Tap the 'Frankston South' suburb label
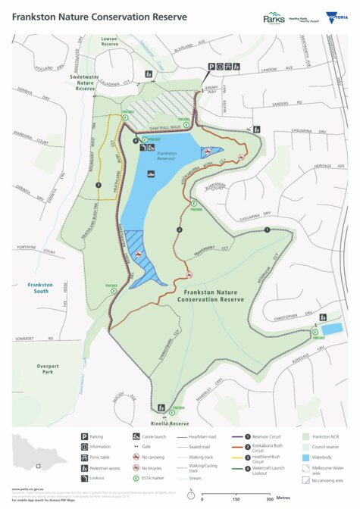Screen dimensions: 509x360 coord(38,288)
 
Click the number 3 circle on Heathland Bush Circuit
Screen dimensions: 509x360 coord(98,185)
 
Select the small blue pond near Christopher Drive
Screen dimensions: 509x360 coord(333,329)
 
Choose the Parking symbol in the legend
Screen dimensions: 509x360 coord(84,437)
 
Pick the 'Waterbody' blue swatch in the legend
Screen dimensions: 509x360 coord(305,458)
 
